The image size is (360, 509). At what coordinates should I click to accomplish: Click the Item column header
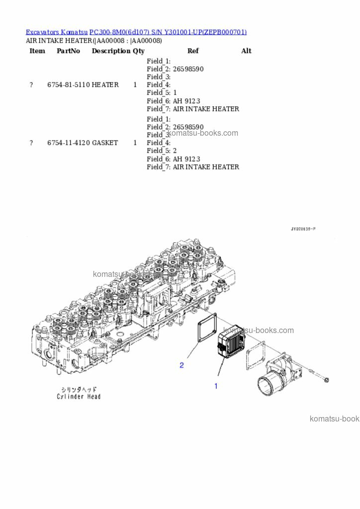(x=37, y=51)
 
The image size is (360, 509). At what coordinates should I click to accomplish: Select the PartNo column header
(x=69, y=51)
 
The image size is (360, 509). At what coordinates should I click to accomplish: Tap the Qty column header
(x=139, y=51)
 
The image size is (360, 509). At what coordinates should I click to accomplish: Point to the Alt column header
(x=246, y=51)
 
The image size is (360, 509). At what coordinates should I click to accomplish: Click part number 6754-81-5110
(x=69, y=85)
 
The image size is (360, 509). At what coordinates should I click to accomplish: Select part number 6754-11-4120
(x=69, y=143)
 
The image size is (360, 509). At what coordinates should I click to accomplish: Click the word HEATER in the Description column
(x=105, y=85)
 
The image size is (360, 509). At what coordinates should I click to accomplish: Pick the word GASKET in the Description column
(x=105, y=143)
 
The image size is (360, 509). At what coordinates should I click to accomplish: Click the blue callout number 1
(x=216, y=386)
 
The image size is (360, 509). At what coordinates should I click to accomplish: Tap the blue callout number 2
(x=181, y=365)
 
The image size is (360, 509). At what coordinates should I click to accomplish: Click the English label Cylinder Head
(x=79, y=397)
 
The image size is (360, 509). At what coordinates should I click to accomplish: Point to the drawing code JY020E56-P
(x=303, y=229)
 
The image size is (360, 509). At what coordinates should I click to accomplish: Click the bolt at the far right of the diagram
(x=325, y=380)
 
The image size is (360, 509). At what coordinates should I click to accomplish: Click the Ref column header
(x=193, y=51)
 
